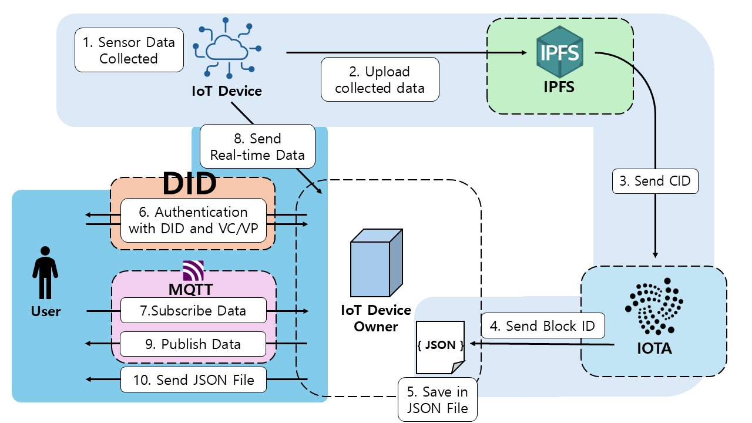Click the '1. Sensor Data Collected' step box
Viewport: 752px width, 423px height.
[129, 50]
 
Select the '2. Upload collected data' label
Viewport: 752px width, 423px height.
[380, 80]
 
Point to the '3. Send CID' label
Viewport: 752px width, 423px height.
[655, 181]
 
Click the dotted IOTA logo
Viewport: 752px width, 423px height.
[654, 308]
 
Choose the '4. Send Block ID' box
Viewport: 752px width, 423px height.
[542, 325]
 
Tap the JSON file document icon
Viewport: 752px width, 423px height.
[441, 347]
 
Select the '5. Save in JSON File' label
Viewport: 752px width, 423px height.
[437, 400]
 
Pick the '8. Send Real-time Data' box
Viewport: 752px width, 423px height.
[257, 147]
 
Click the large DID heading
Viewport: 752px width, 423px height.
[189, 184]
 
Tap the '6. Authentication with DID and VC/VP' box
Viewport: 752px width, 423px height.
[194, 220]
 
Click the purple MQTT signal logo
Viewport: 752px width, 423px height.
[193, 270]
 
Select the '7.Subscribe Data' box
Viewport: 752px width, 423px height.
[193, 310]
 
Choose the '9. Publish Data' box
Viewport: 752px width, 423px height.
[193, 344]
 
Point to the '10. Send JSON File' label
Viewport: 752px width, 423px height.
[193, 380]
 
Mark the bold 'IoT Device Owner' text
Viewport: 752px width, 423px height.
[376, 318]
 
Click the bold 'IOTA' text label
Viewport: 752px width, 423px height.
[654, 348]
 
